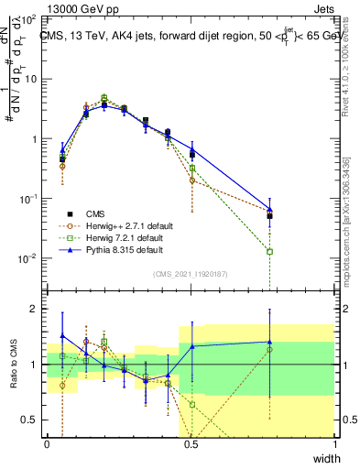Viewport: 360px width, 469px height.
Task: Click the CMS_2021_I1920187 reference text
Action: [x=191, y=274]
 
